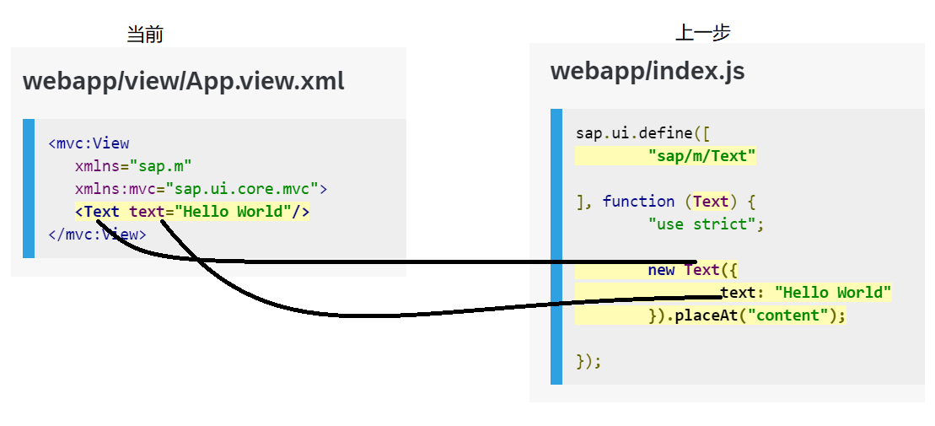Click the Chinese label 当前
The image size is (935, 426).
(x=144, y=35)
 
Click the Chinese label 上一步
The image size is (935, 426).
(x=702, y=33)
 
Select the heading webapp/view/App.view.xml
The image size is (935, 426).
(x=183, y=82)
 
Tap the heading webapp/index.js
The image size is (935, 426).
(x=647, y=71)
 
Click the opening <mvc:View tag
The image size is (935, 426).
(x=89, y=143)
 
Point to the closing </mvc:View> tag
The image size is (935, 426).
(x=97, y=234)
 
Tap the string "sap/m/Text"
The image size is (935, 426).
(x=702, y=155)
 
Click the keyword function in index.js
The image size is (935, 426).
(x=638, y=201)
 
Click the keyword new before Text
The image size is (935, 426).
(x=661, y=270)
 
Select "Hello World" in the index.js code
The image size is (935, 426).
(x=832, y=293)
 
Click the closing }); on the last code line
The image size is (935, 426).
(x=588, y=361)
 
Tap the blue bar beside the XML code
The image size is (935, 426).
(x=29, y=188)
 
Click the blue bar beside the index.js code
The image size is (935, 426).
(x=556, y=246)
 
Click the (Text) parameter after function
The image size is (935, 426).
(x=710, y=201)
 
